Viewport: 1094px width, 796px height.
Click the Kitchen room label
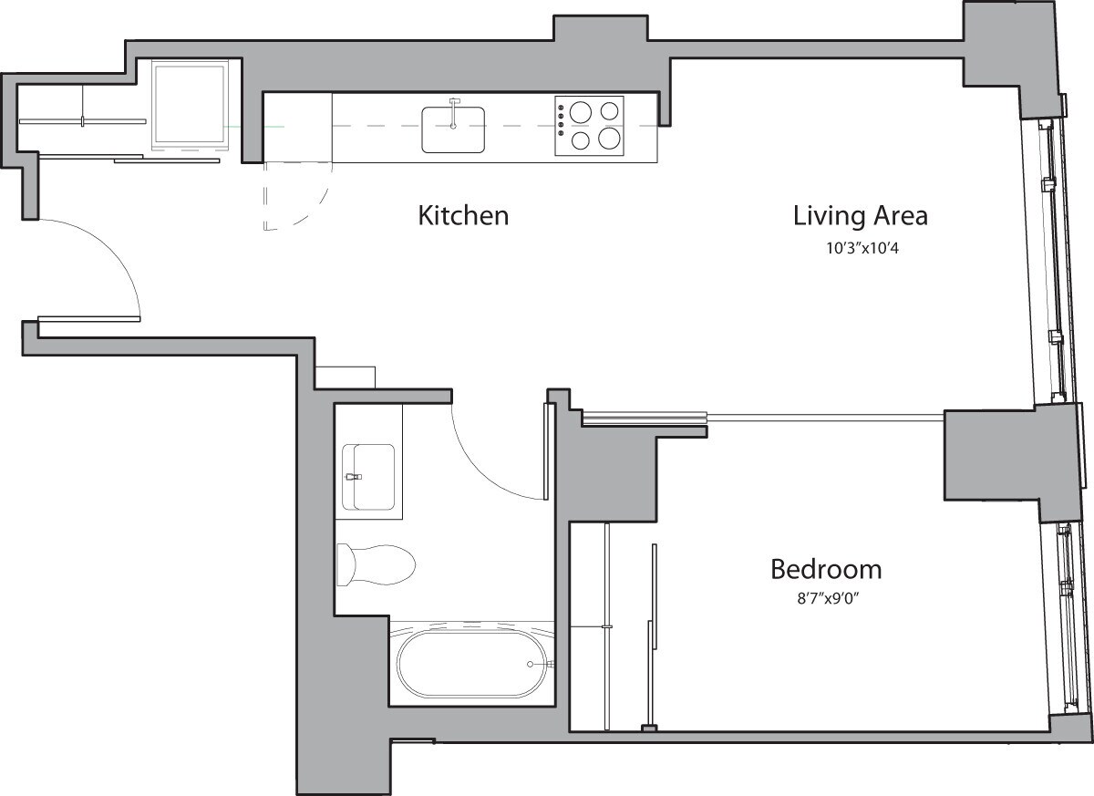click(x=462, y=216)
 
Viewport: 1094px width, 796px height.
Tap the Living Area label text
click(x=860, y=216)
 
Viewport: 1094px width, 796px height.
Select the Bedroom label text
click(x=826, y=570)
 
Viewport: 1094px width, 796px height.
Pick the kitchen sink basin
click(x=453, y=129)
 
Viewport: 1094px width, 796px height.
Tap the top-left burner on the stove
click(x=580, y=111)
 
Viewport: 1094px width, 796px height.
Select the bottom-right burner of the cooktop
click(x=609, y=140)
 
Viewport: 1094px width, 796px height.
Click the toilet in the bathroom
click(x=376, y=564)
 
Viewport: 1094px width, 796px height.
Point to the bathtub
click(x=472, y=663)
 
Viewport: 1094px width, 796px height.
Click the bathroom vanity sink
click(x=368, y=477)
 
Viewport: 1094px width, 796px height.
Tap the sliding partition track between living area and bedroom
click(x=761, y=418)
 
